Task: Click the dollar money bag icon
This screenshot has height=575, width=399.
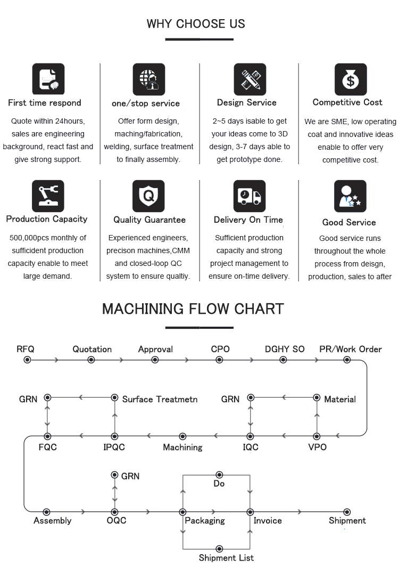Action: [x=351, y=79]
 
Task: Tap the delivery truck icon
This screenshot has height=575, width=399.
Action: [x=250, y=196]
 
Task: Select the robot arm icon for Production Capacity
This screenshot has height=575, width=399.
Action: [x=48, y=196]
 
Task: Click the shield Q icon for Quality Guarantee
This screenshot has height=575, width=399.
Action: [x=148, y=196]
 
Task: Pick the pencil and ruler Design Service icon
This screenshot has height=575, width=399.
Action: [x=250, y=79]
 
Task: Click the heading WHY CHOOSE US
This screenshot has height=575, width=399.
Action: [x=196, y=24]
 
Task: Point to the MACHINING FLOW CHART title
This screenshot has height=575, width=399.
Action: [x=193, y=309]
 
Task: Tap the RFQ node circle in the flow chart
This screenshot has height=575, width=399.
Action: [x=27, y=360]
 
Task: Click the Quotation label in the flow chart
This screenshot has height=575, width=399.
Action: [x=92, y=349]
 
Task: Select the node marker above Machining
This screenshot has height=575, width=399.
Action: [x=182, y=436]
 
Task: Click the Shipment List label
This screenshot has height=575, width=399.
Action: [x=226, y=558]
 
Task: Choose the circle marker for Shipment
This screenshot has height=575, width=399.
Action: [x=347, y=512]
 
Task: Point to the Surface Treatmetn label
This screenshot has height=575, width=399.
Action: [x=160, y=399]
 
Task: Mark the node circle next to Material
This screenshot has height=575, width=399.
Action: [x=317, y=398]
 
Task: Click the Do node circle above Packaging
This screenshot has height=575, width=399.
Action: [x=219, y=475]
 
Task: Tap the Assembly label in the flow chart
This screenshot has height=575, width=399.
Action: [x=52, y=521]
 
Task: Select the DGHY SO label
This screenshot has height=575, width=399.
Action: [x=285, y=349]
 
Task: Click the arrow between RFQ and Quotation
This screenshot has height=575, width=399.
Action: [x=56, y=360]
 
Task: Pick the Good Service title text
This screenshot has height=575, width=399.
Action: [x=349, y=222]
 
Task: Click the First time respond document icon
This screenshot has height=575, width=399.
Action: [x=48, y=79]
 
